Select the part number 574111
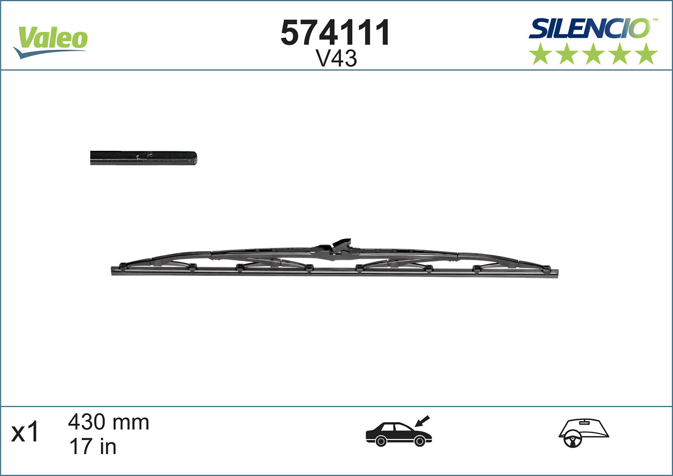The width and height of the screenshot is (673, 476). tap(335, 33)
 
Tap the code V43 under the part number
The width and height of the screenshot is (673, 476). tap(336, 59)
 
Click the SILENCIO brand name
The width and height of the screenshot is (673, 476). tap(589, 28)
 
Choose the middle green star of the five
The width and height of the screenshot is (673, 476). tap(593, 54)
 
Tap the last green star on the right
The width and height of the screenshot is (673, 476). tap(646, 54)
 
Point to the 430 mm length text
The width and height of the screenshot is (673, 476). tap(109, 422)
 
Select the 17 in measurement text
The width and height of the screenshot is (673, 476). tap(92, 446)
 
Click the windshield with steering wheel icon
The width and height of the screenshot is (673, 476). tap(583, 433)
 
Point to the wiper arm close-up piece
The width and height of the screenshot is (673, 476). tap(143, 158)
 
